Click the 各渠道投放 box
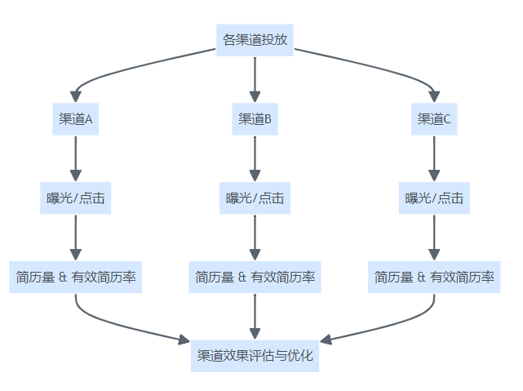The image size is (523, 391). coord(255,39)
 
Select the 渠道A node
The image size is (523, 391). coord(76,119)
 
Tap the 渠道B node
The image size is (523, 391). coord(255,119)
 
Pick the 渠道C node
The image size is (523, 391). coord(434,119)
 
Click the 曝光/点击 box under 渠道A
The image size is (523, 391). coord(76,198)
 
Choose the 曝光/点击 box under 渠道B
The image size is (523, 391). coord(255,198)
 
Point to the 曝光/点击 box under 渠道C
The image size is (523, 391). coord(434,198)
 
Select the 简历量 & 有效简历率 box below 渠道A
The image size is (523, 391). coord(76,278)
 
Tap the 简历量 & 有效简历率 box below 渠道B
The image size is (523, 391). coord(255,278)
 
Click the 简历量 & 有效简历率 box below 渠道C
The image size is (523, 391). coord(434,278)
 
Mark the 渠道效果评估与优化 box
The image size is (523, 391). coord(255,357)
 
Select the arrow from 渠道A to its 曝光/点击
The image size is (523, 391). coord(76,158)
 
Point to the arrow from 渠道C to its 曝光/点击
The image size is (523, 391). coord(434,158)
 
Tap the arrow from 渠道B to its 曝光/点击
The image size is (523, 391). coord(255,158)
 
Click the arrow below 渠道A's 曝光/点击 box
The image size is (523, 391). coord(76,238)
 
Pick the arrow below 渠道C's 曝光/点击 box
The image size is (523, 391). coord(434,238)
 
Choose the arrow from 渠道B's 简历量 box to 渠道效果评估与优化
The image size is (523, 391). coord(255,317)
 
